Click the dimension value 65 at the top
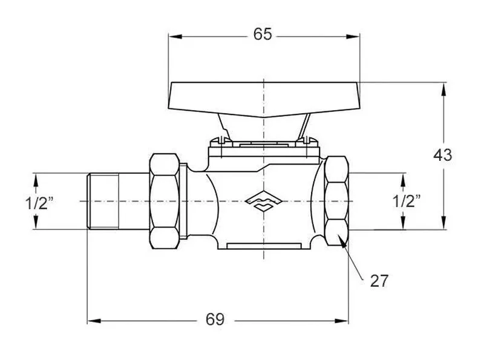[263, 34]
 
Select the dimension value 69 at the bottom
[215, 319]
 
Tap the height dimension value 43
[443, 155]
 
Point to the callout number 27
[379, 281]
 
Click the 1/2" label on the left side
[39, 203]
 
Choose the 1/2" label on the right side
[407, 201]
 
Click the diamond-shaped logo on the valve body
[263, 201]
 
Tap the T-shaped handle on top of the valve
[264, 99]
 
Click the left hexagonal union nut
[165, 201]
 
